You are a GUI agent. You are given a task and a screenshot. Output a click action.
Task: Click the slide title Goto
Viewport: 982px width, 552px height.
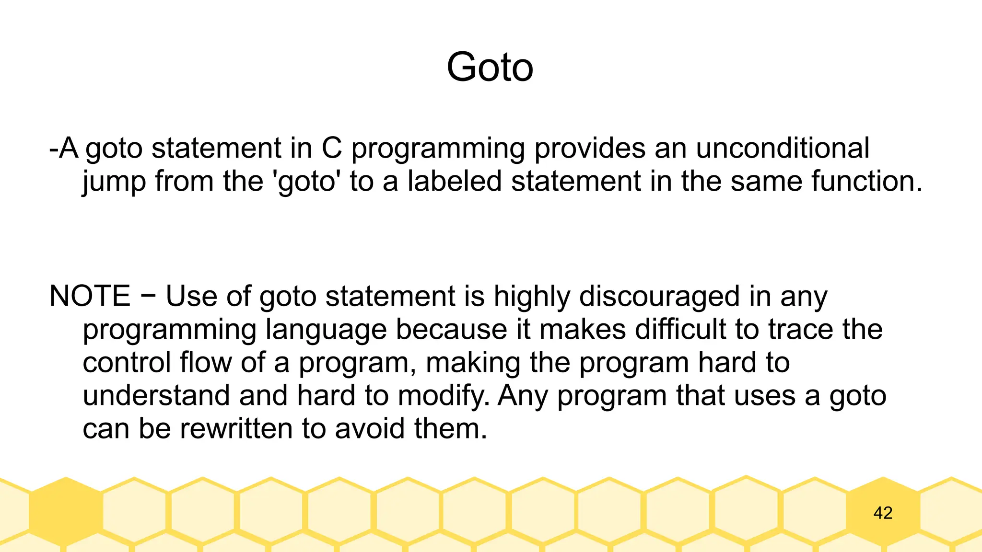coord(490,68)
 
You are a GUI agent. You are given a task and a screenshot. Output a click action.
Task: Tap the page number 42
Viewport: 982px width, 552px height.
coord(883,513)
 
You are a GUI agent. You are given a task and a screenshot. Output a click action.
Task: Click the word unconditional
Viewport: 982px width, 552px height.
coord(782,148)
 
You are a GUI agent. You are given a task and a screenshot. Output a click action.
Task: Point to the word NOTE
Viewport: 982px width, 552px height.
coord(90,296)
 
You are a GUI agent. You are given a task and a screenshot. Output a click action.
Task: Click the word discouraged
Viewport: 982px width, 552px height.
coord(659,297)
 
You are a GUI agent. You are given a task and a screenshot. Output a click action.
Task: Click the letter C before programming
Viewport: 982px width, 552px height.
coord(332,148)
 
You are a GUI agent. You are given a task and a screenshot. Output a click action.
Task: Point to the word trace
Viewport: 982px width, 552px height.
coord(800,329)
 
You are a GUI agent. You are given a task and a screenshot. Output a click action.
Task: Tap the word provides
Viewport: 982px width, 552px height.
coord(590,148)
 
